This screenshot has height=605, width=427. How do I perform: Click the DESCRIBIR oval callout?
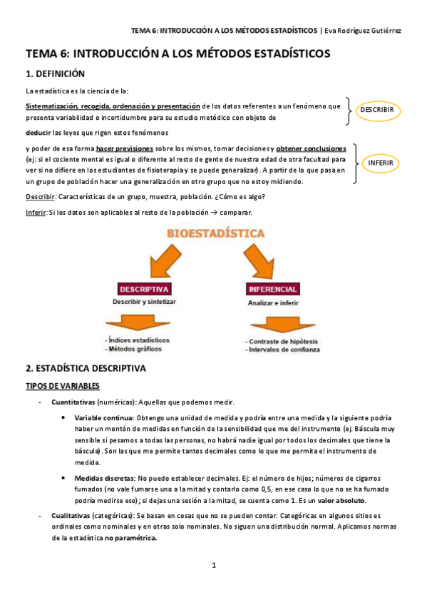[378, 111]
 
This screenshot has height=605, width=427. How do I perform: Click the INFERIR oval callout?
[380, 163]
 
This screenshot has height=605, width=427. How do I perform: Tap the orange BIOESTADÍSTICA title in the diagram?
[216, 233]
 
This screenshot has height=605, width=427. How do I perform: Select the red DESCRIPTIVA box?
[144, 289]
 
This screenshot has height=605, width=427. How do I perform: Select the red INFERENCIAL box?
[272, 289]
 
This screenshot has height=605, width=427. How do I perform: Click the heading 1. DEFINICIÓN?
[55, 73]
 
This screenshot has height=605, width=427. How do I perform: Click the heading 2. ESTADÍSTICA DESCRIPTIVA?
[86, 369]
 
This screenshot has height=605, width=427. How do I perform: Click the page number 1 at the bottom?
[213, 565]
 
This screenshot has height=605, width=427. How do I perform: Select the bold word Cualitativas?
[72, 515]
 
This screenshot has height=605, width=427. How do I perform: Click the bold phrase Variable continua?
[104, 417]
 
